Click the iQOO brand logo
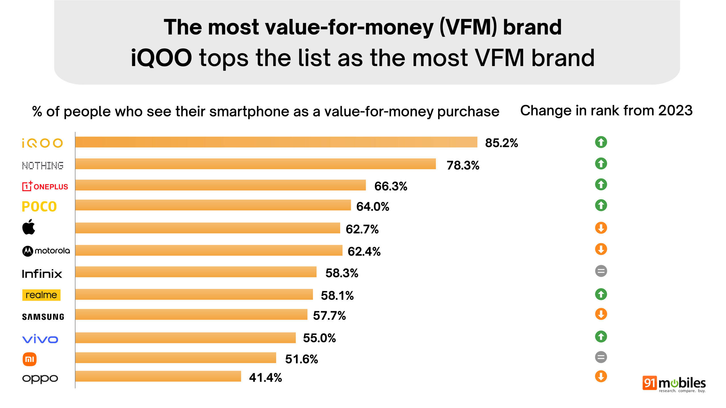pyautogui.click(x=42, y=143)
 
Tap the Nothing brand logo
pyautogui.click(x=43, y=165)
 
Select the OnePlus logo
pyautogui.click(x=45, y=186)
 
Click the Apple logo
pyautogui.click(x=29, y=227)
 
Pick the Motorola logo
pyautogui.click(x=46, y=251)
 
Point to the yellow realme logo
pyautogui.click(x=41, y=295)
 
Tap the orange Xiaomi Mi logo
pyautogui.click(x=29, y=359)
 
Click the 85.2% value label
pyautogui.click(x=501, y=143)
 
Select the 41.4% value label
pyautogui.click(x=265, y=378)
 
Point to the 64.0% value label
pyautogui.click(x=373, y=207)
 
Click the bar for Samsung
pyautogui.click(x=191, y=314)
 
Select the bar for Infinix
pyautogui.click(x=196, y=272)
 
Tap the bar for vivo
pyautogui.click(x=185, y=338)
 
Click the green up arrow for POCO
pyautogui.click(x=601, y=205)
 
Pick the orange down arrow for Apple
pyautogui.click(x=601, y=228)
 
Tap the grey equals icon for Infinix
pyautogui.click(x=601, y=271)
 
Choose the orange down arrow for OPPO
pyautogui.click(x=601, y=376)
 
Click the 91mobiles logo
pyautogui.click(x=674, y=384)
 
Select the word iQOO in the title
pyautogui.click(x=161, y=58)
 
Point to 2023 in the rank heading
pyautogui.click(x=675, y=110)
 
